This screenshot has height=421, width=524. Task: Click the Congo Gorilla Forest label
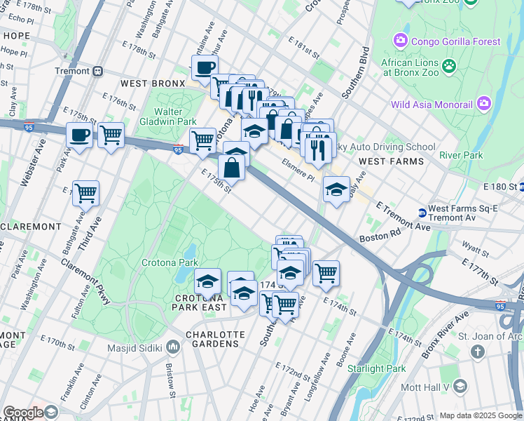click(455, 41)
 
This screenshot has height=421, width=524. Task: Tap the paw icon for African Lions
click(448, 67)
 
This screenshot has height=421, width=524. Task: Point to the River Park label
click(461, 155)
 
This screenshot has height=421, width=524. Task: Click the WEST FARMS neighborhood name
click(391, 161)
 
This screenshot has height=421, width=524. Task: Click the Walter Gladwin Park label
click(168, 116)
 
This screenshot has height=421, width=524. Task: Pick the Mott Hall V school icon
click(460, 387)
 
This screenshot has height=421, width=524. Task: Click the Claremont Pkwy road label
click(85, 280)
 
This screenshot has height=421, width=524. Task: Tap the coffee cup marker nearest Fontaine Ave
click(205, 69)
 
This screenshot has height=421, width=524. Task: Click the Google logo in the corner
click(24, 413)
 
